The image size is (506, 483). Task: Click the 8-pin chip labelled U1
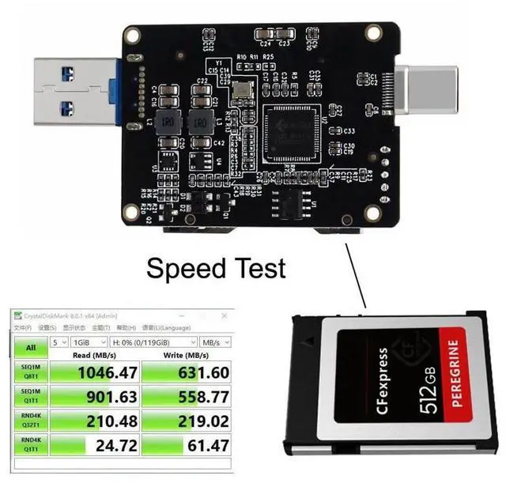pos(297,203)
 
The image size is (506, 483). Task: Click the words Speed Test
pos(216,269)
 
